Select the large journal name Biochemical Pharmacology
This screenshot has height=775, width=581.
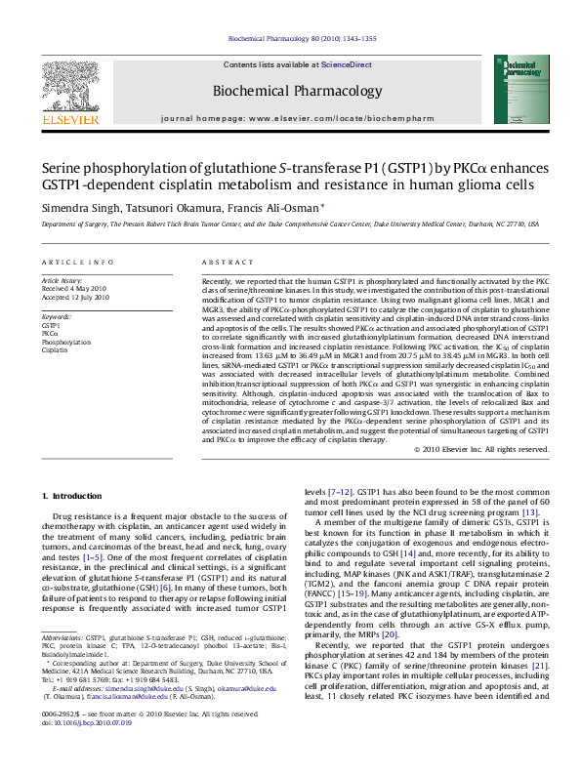[x=290, y=91]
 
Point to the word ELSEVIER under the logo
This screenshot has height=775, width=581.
[x=69, y=121]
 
